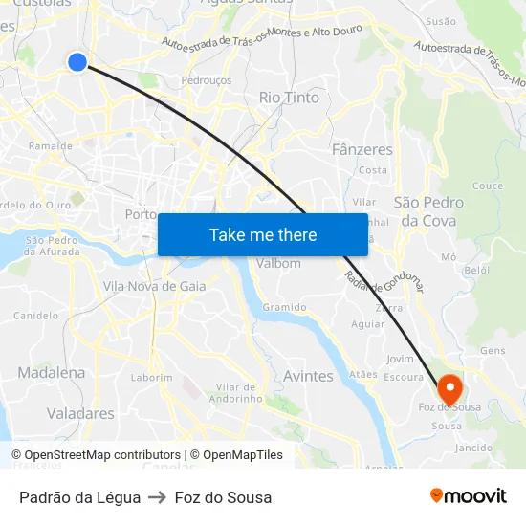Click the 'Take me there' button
pos(262,234)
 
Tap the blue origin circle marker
pos(77,62)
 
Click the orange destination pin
pos(449,388)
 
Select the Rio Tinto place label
pos(289,98)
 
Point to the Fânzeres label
pos(362,150)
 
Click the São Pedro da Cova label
pos(429,211)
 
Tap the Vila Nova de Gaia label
pos(154,286)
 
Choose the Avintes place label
pos(308,376)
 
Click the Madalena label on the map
pos(51,373)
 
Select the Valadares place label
pos(80,414)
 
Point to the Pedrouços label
pos(207,81)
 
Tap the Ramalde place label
pos(51,146)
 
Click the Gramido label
pos(285,307)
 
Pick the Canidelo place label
pos(35,315)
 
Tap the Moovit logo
pos(469,496)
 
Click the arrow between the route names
pos(157,497)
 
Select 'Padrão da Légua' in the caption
pos(80,497)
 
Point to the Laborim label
pos(152,378)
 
